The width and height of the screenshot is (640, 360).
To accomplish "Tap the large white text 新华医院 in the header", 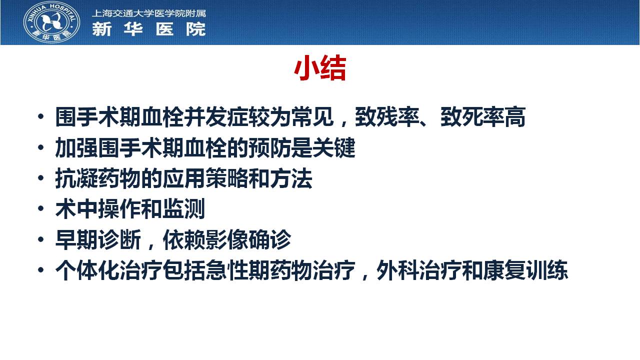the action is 149,29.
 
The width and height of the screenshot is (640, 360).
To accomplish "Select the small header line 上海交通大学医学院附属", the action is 149,13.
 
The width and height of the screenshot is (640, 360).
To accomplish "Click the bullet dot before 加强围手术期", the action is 41,147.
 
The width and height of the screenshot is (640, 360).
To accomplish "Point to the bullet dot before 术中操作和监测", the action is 41,208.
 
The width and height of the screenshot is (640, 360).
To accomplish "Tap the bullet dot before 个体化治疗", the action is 41,269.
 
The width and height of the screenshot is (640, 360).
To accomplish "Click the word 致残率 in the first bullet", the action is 387,117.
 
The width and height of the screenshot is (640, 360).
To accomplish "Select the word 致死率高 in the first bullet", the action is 483,117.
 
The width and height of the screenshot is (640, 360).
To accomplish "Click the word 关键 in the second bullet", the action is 333,147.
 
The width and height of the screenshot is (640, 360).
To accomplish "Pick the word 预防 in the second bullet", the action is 269,147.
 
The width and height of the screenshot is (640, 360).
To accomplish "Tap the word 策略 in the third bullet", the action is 226,178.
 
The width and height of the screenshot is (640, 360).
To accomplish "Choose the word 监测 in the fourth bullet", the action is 183,209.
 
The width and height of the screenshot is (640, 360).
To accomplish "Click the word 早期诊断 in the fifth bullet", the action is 98,239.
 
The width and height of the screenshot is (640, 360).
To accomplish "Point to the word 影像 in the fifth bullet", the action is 226,239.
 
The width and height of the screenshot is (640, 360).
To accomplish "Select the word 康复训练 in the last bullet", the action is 525,270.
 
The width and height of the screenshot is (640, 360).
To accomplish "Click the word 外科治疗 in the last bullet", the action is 419,270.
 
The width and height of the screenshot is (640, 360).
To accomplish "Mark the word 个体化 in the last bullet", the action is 87,270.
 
